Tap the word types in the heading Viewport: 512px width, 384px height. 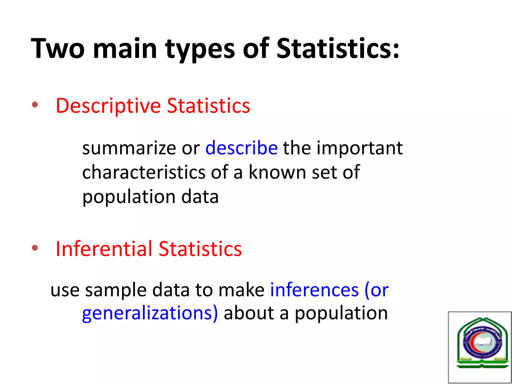click(200, 49)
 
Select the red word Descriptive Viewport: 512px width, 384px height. click(108, 106)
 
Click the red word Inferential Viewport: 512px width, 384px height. click(104, 249)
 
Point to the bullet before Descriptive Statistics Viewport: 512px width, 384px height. click(35, 105)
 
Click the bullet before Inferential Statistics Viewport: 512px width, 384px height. click(35, 248)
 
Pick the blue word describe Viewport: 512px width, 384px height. click(241, 148)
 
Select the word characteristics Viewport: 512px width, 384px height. click(144, 172)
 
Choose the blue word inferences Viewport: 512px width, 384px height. click(314, 290)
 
